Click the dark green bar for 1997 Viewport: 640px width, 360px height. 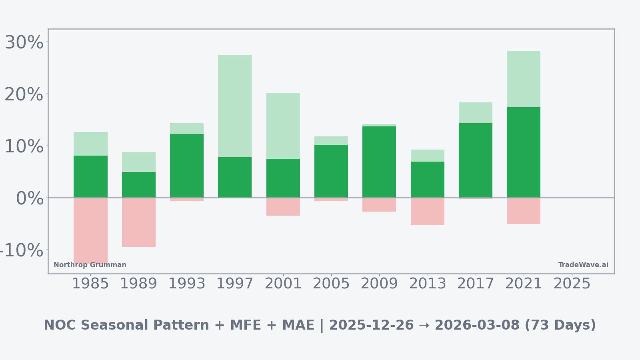point(235,177)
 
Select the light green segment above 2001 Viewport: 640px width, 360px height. point(283,126)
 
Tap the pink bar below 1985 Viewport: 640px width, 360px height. point(90,230)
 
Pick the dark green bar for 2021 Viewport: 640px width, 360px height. point(524,152)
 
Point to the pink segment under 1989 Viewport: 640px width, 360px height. point(139,222)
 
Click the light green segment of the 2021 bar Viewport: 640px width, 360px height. point(524,79)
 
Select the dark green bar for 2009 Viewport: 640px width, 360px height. point(379,162)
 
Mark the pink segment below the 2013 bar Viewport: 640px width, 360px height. point(428,211)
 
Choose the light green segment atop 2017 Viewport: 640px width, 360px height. point(476,112)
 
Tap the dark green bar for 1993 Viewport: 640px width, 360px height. point(187,166)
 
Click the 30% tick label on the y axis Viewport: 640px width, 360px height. point(24,42)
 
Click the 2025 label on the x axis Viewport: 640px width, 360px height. point(572,284)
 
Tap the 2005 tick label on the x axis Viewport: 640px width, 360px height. point(331,284)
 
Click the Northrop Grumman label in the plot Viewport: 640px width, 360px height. point(90,265)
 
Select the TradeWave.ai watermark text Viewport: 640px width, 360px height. point(583,265)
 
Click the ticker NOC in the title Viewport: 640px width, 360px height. point(56,325)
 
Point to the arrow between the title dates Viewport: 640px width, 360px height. point(424,325)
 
